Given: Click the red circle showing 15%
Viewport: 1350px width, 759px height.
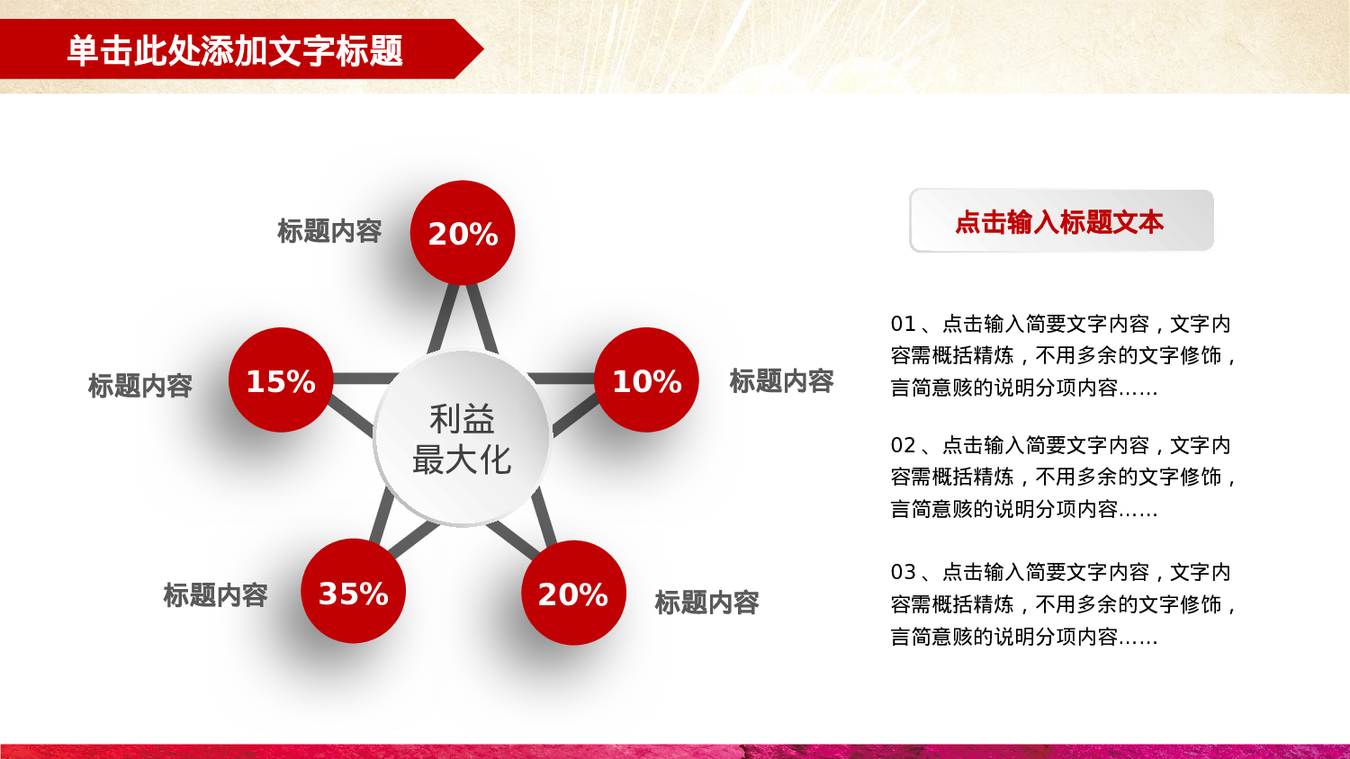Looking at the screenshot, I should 281,380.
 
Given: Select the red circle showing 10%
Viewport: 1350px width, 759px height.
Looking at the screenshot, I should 646,380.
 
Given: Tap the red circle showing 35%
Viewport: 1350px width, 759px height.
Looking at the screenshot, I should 353,592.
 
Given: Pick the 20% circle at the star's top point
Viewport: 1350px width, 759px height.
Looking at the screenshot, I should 463,233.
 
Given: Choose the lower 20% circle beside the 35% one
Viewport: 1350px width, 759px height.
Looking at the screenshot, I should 573,593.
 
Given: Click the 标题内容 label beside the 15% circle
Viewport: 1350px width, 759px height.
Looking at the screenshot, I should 140,386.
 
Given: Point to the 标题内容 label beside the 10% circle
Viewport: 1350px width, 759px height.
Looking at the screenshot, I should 781,381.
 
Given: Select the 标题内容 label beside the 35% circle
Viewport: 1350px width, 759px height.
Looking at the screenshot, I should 216,595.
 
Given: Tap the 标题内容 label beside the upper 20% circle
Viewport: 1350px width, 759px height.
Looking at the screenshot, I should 329,231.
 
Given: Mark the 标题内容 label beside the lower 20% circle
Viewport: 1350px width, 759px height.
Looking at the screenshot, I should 706,603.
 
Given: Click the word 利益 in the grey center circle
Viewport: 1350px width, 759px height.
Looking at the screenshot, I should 462,419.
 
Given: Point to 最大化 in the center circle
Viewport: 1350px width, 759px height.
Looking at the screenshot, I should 462,460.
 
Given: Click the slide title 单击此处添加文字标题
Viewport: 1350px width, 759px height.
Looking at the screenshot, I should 235,50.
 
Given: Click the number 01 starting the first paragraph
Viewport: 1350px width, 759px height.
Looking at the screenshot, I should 903,324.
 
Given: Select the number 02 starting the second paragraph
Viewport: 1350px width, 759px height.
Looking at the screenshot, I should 903,445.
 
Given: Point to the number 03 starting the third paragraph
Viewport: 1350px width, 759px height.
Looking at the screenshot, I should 903,572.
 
